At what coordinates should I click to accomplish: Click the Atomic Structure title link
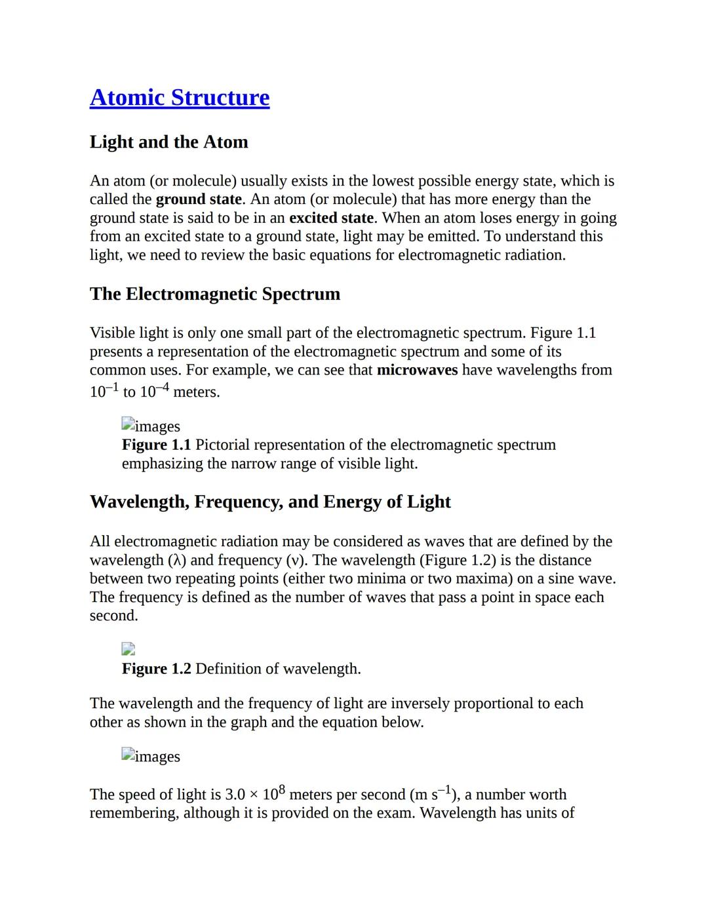(x=179, y=98)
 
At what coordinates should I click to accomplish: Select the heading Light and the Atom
(x=168, y=142)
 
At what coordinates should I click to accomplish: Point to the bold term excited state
(x=331, y=218)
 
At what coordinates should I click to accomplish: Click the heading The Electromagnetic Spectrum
(x=214, y=294)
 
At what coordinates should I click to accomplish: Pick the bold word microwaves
(x=417, y=370)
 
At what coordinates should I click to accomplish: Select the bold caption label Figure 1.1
(x=156, y=445)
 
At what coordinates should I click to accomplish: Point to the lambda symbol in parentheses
(x=176, y=561)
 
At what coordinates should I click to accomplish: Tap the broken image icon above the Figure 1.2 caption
(x=128, y=649)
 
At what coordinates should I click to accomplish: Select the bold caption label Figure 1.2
(x=156, y=669)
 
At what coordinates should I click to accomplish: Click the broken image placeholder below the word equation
(x=128, y=755)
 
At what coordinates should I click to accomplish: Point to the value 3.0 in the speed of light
(x=235, y=795)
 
